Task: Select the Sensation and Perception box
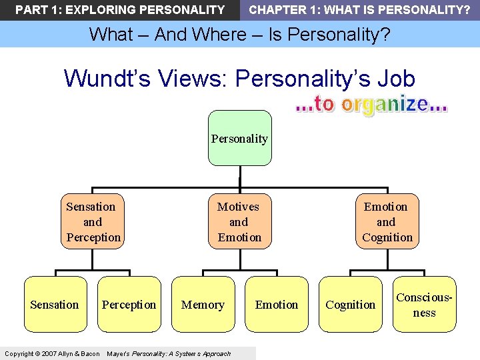(x=93, y=222)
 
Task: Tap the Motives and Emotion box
(x=239, y=222)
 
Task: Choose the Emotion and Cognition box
(x=387, y=222)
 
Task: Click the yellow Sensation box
(x=55, y=305)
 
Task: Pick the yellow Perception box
(x=129, y=305)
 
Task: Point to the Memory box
(x=203, y=305)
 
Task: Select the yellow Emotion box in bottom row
(x=277, y=305)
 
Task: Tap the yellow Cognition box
(x=351, y=305)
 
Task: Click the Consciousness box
(x=425, y=305)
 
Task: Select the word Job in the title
(x=396, y=79)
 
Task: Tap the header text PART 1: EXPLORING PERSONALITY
(x=120, y=10)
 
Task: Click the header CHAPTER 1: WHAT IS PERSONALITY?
(x=359, y=10)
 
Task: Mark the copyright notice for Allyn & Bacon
(x=52, y=353)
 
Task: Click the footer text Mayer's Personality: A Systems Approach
(x=169, y=353)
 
